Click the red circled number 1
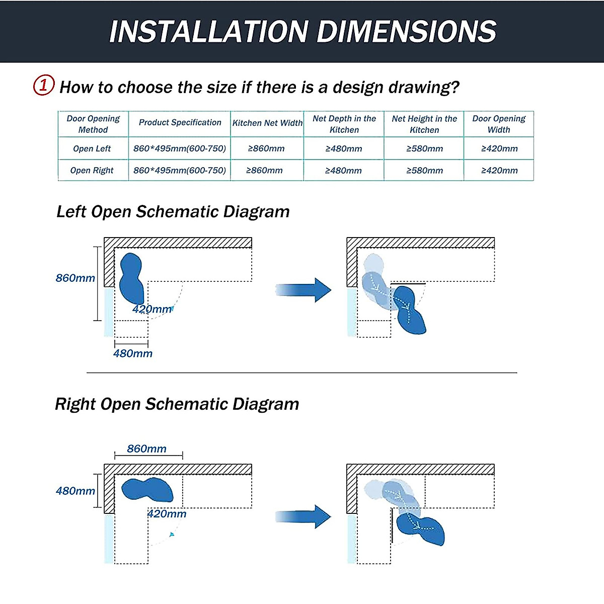pyautogui.click(x=44, y=85)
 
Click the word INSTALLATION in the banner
pyautogui.click(x=209, y=31)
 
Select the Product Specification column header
pyautogui.click(x=180, y=122)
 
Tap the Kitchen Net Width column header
pyautogui.click(x=267, y=123)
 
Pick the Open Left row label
pyautogui.click(x=92, y=148)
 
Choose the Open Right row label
pyautogui.click(x=92, y=170)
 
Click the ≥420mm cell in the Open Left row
pyautogui.click(x=499, y=148)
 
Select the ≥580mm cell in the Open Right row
pyautogui.click(x=425, y=171)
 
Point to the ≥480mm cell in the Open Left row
pyautogui.click(x=344, y=148)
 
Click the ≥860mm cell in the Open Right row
pyautogui.click(x=264, y=171)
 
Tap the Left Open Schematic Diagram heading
pyautogui.click(x=173, y=211)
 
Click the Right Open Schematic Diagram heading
pyautogui.click(x=177, y=404)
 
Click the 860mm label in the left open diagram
pyautogui.click(x=75, y=278)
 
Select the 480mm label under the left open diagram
pyautogui.click(x=133, y=353)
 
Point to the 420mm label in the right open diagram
pyautogui.click(x=167, y=514)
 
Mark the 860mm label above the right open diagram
pyautogui.click(x=146, y=449)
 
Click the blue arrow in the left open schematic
pyautogui.click(x=303, y=290)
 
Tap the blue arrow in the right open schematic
pyautogui.click(x=303, y=516)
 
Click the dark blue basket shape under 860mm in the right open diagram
pyautogui.click(x=147, y=490)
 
